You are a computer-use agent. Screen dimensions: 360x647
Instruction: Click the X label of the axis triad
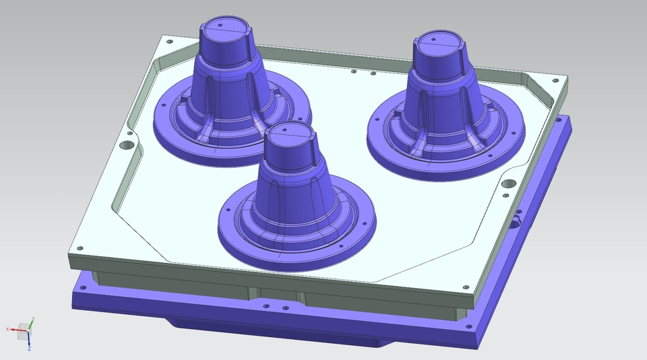click(7, 328)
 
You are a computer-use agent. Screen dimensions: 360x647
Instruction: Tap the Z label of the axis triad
click(30, 349)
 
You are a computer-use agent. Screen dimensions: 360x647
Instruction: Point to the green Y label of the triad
click(33, 319)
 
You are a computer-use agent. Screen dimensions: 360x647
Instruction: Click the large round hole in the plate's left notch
click(127, 144)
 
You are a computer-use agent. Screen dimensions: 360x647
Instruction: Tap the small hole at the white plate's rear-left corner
click(168, 40)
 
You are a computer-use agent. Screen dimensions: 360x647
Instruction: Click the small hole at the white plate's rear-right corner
click(555, 82)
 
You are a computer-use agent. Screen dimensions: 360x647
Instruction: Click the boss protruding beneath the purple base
click(202, 324)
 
